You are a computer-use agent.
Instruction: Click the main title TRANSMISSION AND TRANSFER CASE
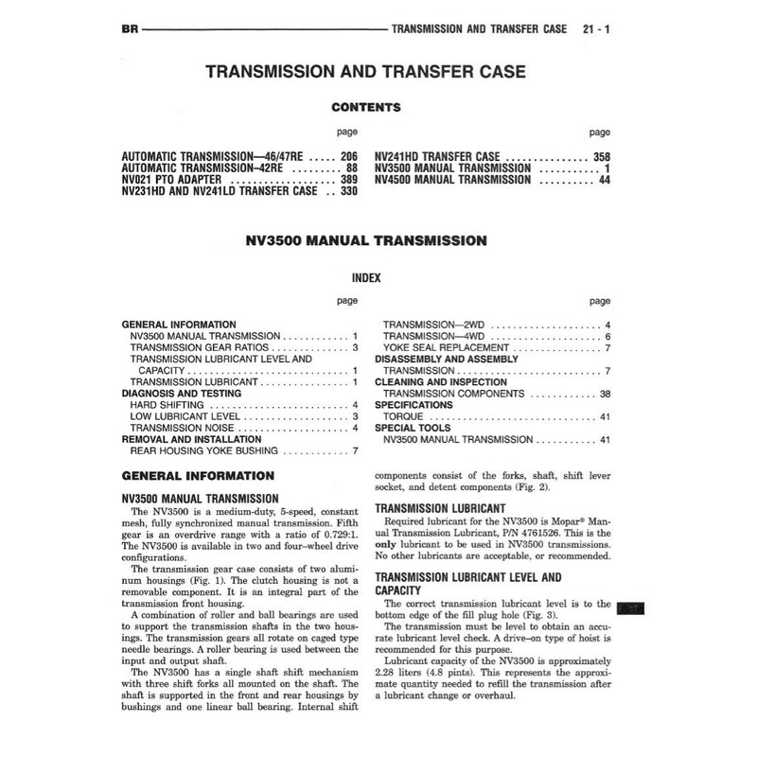coord(365,72)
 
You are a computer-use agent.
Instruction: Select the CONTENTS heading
coord(365,108)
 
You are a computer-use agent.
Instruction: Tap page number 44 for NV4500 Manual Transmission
coord(603,179)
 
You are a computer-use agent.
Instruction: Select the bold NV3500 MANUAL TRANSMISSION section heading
coord(365,241)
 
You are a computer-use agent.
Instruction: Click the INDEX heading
coord(365,279)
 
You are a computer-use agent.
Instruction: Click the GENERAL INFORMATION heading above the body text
coord(199,476)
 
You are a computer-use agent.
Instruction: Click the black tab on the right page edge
coord(629,608)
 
